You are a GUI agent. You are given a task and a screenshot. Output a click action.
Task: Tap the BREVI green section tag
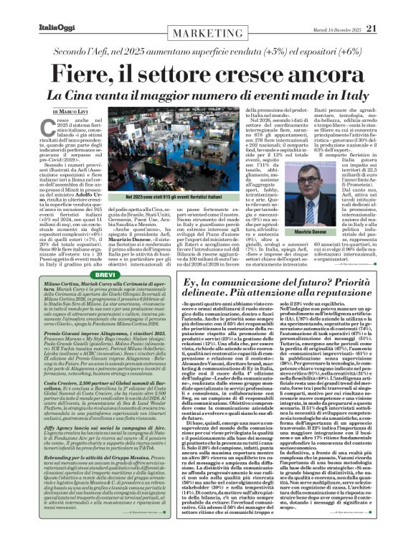[65, 254]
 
